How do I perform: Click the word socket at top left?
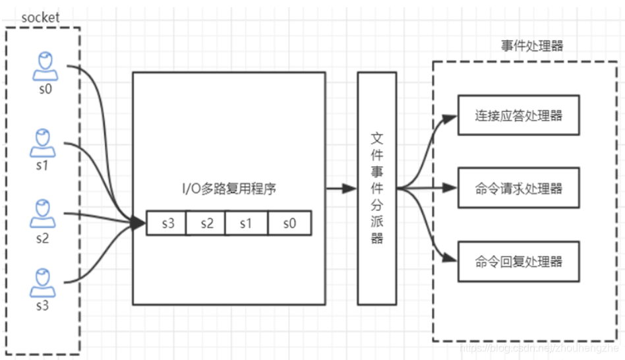40,18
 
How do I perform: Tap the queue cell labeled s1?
246,224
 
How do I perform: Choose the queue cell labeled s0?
289,224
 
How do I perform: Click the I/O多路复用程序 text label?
229,189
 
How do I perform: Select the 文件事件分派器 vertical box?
376,189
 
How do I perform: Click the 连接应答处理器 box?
518,115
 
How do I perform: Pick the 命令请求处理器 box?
518,189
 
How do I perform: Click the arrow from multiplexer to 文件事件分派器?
342,189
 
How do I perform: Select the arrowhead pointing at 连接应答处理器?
450,119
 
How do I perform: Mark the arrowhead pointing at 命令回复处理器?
450,258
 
